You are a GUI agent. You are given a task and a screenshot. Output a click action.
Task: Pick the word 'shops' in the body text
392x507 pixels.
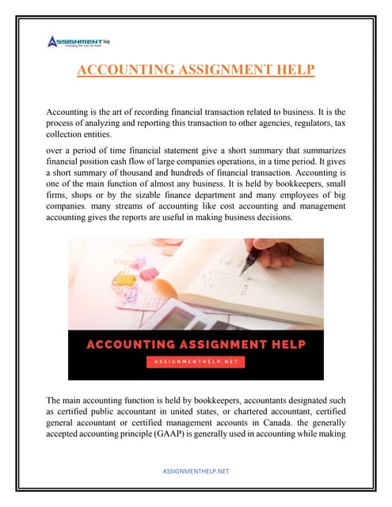(81, 196)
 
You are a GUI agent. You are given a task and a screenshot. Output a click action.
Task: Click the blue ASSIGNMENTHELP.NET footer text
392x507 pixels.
(196, 471)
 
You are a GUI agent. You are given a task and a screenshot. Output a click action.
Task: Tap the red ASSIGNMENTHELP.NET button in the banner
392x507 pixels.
(195, 360)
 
